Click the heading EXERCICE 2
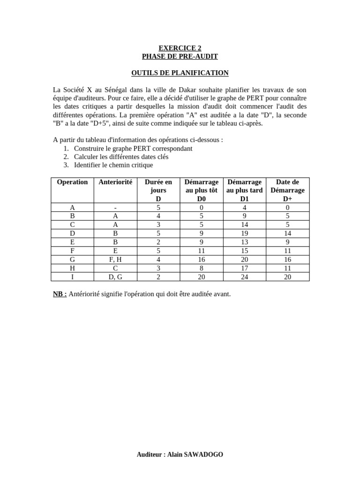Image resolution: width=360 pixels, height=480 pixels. pyautogui.click(x=180, y=48)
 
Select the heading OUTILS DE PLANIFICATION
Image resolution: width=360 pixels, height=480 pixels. pyautogui.click(x=180, y=73)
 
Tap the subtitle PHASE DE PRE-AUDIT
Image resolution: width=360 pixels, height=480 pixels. pyautogui.click(x=180, y=56)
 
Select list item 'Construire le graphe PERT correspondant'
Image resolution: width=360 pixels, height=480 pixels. pyautogui.click(x=133, y=148)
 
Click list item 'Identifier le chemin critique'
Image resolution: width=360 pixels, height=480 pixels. pyautogui.click(x=113, y=165)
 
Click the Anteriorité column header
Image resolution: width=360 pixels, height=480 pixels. pyautogui.click(x=115, y=182)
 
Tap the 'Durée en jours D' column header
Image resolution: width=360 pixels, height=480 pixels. pyautogui.click(x=158, y=190)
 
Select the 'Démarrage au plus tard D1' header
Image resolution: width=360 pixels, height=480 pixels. pyautogui.click(x=244, y=190)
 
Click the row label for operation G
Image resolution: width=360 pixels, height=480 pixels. pyautogui.click(x=72, y=259)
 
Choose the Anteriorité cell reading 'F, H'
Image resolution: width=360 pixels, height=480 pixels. pyautogui.click(x=115, y=259)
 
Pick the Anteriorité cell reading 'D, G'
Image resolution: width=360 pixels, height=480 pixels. pyautogui.click(x=115, y=277)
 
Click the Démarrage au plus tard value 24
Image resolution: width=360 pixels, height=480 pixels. pyautogui.click(x=244, y=277)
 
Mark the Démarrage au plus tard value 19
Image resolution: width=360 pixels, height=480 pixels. pyautogui.click(x=244, y=233)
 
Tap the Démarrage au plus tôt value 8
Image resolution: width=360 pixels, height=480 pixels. pyautogui.click(x=201, y=268)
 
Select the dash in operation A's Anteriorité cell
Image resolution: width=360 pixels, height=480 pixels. pyautogui.click(x=115, y=207)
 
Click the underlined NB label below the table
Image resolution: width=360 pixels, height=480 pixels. pyautogui.click(x=60, y=294)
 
